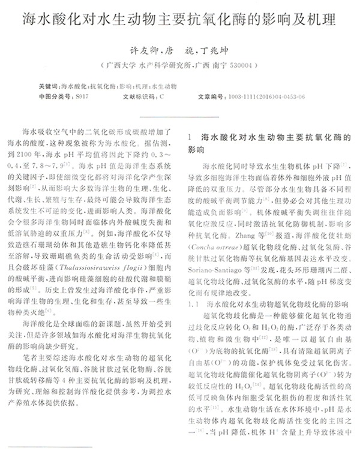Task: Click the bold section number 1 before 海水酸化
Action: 191,137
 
